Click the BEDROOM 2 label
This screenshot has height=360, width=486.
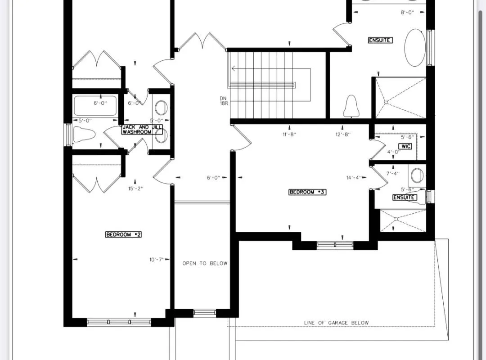tap(123, 234)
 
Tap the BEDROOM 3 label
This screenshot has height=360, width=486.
tap(307, 192)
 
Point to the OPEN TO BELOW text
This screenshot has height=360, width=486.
tap(205, 263)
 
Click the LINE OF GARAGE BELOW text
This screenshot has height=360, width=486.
tap(336, 323)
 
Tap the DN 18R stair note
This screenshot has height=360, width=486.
tap(223, 101)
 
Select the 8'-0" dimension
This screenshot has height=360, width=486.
tap(407, 13)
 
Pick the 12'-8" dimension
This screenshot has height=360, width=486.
tap(343, 134)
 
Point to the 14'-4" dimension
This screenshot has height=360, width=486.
tap(354, 178)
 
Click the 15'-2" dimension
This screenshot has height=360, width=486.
tap(135, 189)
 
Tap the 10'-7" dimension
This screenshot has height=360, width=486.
tap(157, 260)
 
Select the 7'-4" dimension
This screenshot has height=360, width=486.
tap(393, 173)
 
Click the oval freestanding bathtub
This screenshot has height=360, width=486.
tap(415, 48)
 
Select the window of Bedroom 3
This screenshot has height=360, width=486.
tap(335, 245)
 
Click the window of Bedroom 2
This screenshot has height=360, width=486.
tap(119, 322)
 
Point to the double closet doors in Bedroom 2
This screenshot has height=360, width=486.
tap(96, 182)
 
